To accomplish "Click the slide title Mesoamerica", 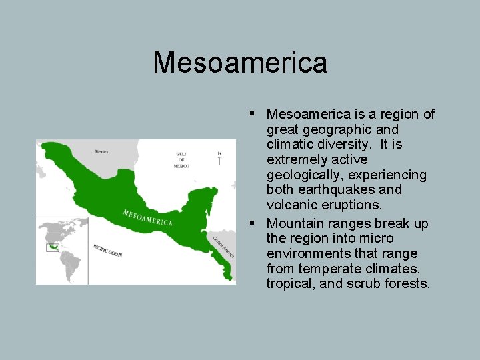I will pyautogui.click(x=240, y=63).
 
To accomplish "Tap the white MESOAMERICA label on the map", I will pyautogui.click(x=147, y=217).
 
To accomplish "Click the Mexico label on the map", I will pyautogui.click(x=102, y=152).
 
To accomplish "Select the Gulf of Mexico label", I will pyautogui.click(x=181, y=160).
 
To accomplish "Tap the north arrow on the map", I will pyautogui.click(x=219, y=158).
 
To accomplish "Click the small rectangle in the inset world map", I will pyautogui.click(x=51, y=247).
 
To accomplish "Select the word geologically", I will pyautogui.click(x=301, y=175).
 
